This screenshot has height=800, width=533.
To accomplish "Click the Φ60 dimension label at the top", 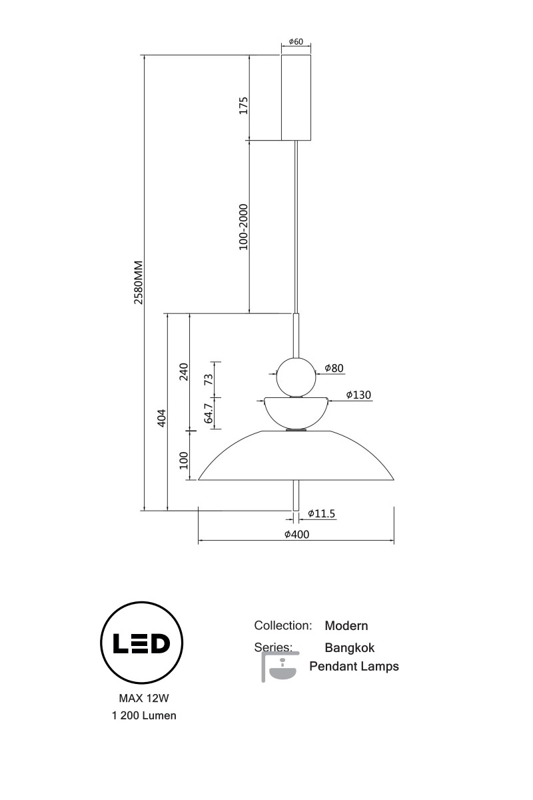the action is coord(296,41).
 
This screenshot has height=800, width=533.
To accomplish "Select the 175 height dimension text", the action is coord(243,105).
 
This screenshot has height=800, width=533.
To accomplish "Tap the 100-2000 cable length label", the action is coord(243,227).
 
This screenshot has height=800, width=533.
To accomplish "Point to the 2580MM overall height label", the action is coord(138,282).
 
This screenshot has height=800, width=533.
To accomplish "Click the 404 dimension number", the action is coord(162,418).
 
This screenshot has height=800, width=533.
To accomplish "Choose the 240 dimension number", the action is coord(183,372).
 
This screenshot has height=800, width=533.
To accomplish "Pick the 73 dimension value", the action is coord(208,379).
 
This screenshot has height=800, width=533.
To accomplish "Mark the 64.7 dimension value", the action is coord(209,413).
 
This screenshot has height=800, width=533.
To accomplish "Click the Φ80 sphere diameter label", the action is coord(334,368).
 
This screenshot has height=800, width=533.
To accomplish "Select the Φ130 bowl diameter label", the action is coord(358,395).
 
